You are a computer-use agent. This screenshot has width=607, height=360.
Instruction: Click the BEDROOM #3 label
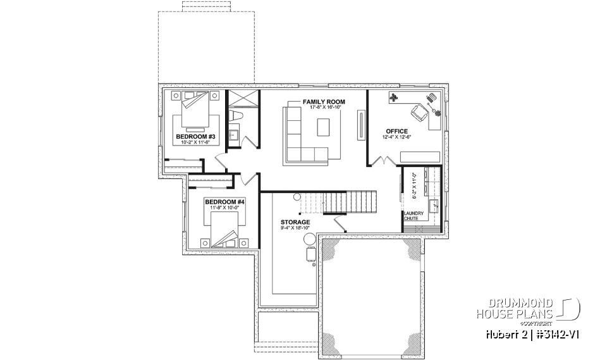coord(195,137)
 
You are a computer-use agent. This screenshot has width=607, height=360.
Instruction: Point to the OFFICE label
coord(396,132)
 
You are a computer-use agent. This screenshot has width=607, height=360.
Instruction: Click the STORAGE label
coord(295,223)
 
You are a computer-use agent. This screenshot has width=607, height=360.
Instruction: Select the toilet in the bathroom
coord(237,116)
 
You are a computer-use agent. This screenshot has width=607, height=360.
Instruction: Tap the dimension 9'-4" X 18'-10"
coord(295,229)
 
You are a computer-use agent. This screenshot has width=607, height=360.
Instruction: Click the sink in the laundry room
coord(434,206)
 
